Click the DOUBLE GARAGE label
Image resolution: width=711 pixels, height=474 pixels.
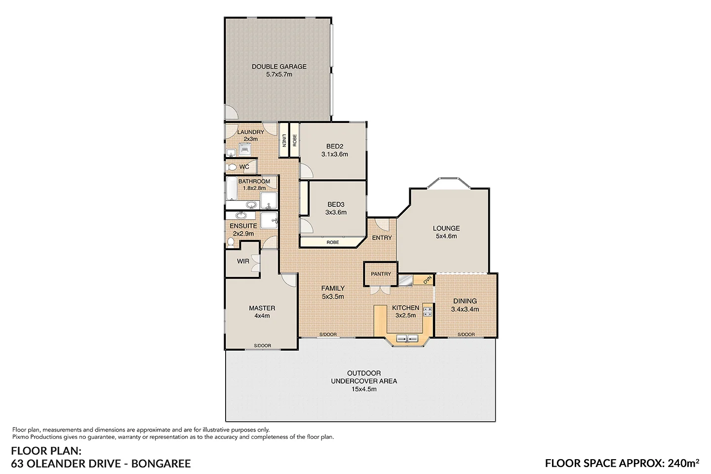(279, 67)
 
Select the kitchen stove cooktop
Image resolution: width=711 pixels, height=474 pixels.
(428, 312)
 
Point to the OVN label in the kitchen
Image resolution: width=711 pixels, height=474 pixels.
(427, 280)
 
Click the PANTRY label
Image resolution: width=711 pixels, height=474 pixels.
(381, 274)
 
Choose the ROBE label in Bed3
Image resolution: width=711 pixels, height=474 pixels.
(333, 242)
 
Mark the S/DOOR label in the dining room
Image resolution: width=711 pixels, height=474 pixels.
(466, 335)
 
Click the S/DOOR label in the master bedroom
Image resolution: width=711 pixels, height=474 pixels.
(262, 346)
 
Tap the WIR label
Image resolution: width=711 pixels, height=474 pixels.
(243, 261)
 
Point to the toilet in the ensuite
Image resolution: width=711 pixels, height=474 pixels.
(231, 242)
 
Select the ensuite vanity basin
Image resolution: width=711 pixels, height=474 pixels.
(241, 216)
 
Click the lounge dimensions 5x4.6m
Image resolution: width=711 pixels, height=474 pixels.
(446, 236)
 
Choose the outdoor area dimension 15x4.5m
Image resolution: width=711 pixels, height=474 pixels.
(363, 389)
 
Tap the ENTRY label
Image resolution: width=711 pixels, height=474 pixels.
(382, 237)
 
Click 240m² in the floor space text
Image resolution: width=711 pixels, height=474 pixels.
(683, 463)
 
